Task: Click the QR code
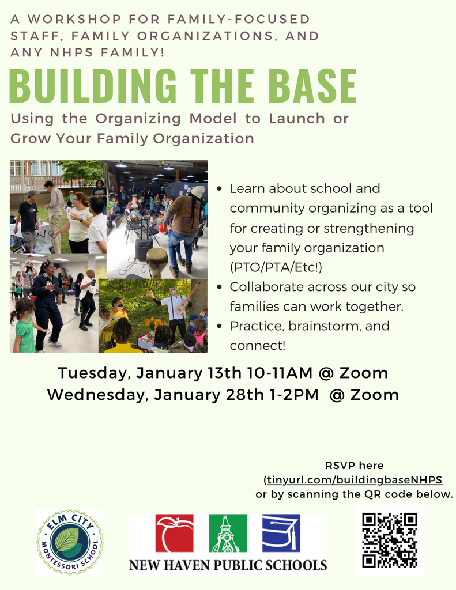389,540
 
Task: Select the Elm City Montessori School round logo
70,542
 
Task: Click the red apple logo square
174,534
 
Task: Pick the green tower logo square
227,534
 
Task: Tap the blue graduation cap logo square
281,534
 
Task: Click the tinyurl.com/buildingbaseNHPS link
355,479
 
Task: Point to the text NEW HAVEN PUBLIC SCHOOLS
228,565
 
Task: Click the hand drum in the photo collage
157,260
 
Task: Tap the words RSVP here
355,466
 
